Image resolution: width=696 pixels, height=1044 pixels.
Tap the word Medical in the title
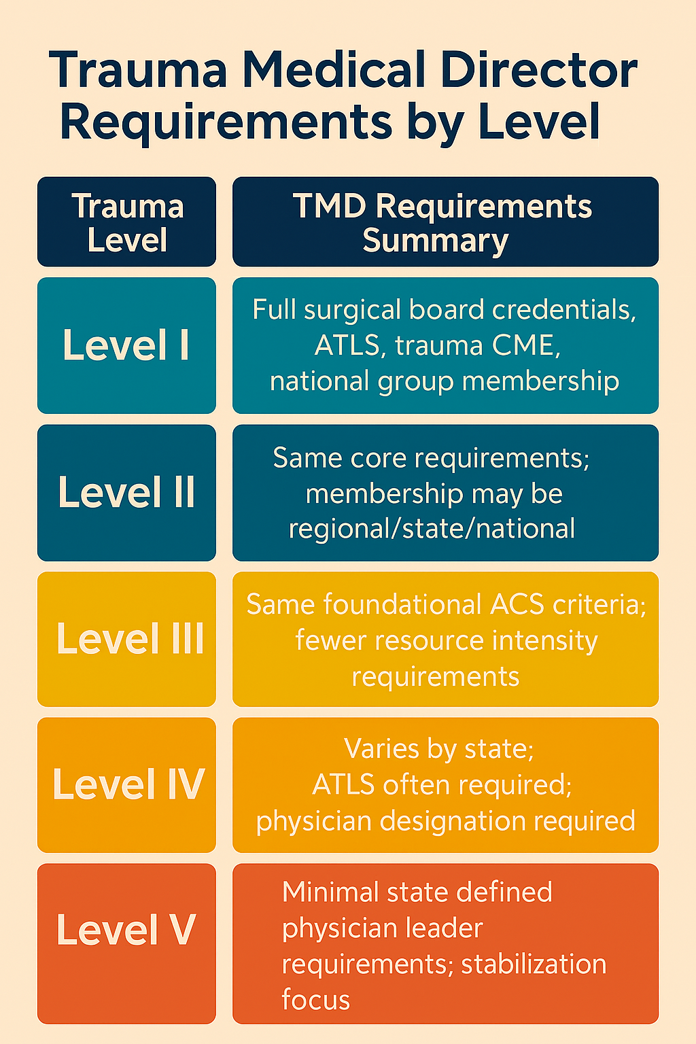(334, 70)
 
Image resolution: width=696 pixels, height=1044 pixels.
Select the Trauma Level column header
(127, 222)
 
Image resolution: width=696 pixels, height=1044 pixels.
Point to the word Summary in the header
(435, 241)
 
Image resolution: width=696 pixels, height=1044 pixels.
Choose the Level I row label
(126, 345)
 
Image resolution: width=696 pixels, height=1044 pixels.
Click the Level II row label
(126, 492)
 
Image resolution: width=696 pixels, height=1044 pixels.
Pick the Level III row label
(129, 639)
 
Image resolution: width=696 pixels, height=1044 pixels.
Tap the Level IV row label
(128, 784)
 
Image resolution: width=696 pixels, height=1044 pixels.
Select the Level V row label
(126, 930)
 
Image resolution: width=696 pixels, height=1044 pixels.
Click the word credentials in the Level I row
(564, 310)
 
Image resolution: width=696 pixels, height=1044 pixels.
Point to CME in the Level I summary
(527, 345)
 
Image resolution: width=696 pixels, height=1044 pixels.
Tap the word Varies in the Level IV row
(381, 749)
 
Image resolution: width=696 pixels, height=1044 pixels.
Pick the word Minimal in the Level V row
(328, 892)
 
